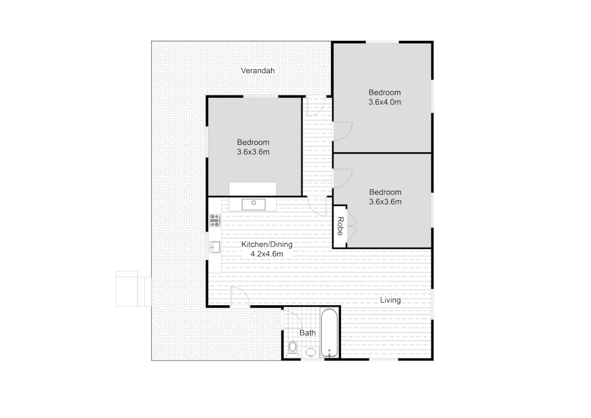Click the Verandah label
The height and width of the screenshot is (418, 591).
(257, 71)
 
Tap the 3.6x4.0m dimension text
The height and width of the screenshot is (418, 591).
(384, 102)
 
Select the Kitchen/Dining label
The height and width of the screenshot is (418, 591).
(267, 245)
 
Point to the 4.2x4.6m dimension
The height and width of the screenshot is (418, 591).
(267, 254)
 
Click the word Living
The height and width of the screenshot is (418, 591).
(390, 300)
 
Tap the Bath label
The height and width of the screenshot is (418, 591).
(308, 333)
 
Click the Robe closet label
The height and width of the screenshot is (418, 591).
(340, 226)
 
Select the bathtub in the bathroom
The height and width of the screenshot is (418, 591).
(329, 333)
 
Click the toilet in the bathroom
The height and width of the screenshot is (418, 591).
(293, 349)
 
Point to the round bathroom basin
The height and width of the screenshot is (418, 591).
(311, 352)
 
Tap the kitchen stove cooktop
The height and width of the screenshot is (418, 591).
(215, 220)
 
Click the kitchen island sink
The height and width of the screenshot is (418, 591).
(254, 204)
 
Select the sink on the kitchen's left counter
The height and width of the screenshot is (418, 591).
(215, 247)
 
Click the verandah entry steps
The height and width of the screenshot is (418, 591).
(134, 289)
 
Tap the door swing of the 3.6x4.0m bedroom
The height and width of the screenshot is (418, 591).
(343, 131)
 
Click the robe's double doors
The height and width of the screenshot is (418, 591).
(352, 226)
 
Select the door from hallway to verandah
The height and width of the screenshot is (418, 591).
(316, 107)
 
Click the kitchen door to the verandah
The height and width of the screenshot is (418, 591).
(240, 296)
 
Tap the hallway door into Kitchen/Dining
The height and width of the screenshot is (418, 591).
(317, 206)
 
